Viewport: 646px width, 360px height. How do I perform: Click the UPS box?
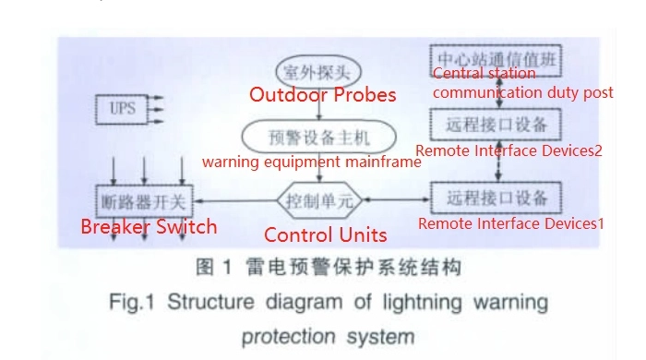[123, 108]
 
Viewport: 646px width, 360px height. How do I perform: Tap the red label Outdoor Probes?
[323, 95]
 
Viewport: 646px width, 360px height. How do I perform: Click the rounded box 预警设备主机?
[318, 138]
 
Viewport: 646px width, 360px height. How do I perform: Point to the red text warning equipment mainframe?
[312, 162]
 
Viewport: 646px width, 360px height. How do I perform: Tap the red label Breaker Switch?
[149, 226]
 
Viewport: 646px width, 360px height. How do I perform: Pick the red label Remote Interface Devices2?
[508, 150]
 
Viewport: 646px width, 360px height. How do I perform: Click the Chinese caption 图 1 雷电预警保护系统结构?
[328, 269]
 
